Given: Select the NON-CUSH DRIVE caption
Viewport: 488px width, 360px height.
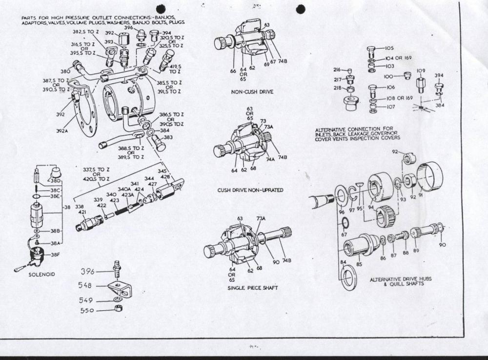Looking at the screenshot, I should point(252,91).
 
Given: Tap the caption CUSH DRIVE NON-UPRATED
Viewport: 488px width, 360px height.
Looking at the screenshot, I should point(250,190).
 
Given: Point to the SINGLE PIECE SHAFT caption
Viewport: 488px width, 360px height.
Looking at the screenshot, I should point(252,288).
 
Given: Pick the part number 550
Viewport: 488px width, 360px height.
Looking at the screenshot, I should point(89,310).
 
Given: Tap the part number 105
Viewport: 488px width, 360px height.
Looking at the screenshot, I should point(389,48).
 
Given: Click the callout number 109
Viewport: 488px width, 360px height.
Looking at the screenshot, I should point(421,71).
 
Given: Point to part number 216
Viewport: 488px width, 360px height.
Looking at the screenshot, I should point(337,70).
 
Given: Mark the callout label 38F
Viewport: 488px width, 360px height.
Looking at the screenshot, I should point(56,254).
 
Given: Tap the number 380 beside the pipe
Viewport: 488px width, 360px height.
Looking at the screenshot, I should point(65,71).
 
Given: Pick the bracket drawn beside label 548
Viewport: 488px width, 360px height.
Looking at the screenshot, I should point(119,289).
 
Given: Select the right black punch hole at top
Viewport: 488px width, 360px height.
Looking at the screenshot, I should point(301,9).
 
